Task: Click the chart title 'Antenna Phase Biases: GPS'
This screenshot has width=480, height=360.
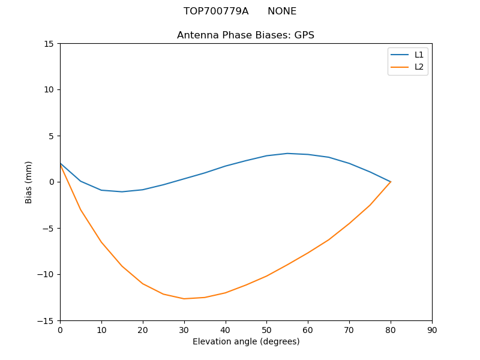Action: pos(245,35)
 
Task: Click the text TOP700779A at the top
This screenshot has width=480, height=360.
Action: pos(216,11)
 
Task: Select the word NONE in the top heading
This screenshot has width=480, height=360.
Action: pos(282,11)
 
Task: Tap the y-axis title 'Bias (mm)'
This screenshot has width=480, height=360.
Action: pos(28,182)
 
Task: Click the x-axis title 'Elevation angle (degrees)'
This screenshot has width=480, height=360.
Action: pos(246,341)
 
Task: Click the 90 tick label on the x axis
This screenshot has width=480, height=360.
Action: pos(432,329)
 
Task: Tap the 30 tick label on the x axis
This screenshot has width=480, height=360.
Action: pos(184,329)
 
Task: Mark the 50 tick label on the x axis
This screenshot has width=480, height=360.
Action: pos(266,329)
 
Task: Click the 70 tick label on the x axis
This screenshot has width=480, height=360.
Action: pos(349,329)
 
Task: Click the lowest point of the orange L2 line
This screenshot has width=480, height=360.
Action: pos(184,299)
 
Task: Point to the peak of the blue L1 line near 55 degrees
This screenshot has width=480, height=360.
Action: pos(287,153)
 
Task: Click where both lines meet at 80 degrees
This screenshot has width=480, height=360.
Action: pos(391,182)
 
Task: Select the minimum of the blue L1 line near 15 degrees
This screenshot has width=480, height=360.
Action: pos(122,192)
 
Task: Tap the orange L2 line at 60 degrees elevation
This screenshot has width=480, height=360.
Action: pos(308,253)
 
